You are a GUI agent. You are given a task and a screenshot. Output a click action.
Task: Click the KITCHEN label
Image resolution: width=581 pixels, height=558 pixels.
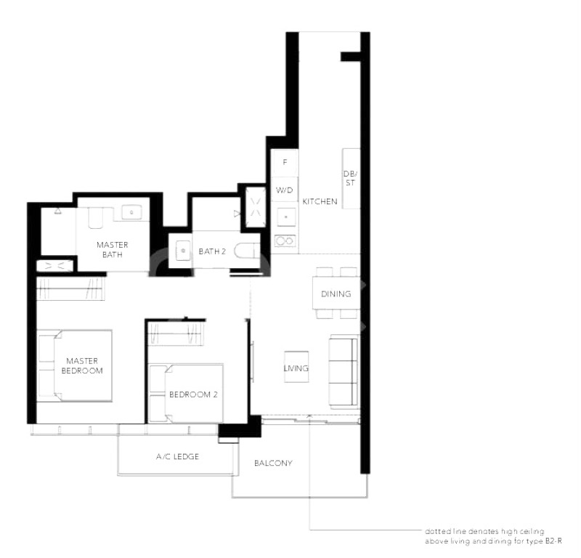click(x=320, y=201)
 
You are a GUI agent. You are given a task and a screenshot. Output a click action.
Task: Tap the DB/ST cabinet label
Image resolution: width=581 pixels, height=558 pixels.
click(x=350, y=178)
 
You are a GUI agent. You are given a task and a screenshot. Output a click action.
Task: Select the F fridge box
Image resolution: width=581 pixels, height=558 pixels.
click(x=285, y=163)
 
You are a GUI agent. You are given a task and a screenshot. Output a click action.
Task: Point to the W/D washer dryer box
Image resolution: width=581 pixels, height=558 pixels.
click(x=285, y=190)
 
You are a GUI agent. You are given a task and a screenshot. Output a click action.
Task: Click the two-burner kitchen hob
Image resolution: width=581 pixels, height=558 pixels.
click(x=285, y=241)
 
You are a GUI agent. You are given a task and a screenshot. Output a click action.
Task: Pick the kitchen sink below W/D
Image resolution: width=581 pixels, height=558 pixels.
click(x=285, y=217)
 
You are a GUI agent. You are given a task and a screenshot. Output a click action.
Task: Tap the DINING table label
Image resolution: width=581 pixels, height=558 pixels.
click(x=336, y=294)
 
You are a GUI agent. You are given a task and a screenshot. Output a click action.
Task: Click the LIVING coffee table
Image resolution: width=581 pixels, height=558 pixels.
click(x=296, y=367)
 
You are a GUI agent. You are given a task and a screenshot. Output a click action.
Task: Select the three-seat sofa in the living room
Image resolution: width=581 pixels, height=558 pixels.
click(x=344, y=371)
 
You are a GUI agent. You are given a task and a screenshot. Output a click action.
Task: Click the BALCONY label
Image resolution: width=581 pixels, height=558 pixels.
click(x=273, y=463)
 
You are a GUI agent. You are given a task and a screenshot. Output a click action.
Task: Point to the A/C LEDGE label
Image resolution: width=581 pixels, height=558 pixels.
click(x=177, y=456)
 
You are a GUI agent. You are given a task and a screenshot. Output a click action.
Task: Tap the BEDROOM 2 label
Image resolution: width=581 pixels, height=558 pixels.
click(x=193, y=395)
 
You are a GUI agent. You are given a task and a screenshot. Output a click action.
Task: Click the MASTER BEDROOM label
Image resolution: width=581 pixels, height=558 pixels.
click(x=82, y=365)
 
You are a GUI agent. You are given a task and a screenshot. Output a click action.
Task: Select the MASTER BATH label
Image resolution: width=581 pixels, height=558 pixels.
click(x=113, y=249)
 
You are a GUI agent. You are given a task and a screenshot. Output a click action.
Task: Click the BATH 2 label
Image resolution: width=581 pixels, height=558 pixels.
click(x=212, y=251)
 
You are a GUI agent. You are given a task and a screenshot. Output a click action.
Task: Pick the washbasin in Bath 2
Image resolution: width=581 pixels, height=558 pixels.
click(x=183, y=250)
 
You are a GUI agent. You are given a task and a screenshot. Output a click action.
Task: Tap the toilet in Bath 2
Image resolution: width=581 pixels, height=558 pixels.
click(x=248, y=251)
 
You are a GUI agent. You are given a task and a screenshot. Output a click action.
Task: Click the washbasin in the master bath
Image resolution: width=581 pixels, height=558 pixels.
click(x=131, y=212)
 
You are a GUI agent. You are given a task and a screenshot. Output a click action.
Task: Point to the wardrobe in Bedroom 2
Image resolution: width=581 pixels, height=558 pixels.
click(x=176, y=333)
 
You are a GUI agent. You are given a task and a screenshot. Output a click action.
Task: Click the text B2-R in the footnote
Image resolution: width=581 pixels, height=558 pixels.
click(x=553, y=541)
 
